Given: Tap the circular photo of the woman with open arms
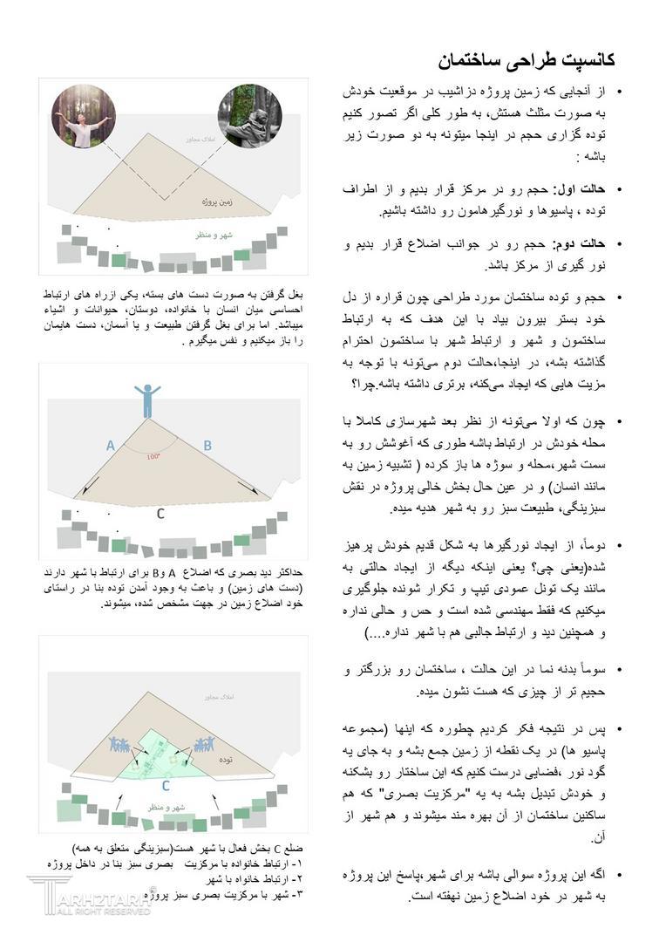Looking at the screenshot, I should pyautogui.click(x=82, y=117).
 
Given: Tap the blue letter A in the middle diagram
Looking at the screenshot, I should pyautogui.click(x=111, y=446).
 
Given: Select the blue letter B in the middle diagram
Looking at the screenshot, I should pyautogui.click(x=207, y=446).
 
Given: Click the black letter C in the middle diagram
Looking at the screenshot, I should pyautogui.click(x=160, y=514).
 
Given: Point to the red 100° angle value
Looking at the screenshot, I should pyautogui.click(x=153, y=456).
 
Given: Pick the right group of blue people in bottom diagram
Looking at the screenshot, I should pyautogui.click(x=205, y=744).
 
